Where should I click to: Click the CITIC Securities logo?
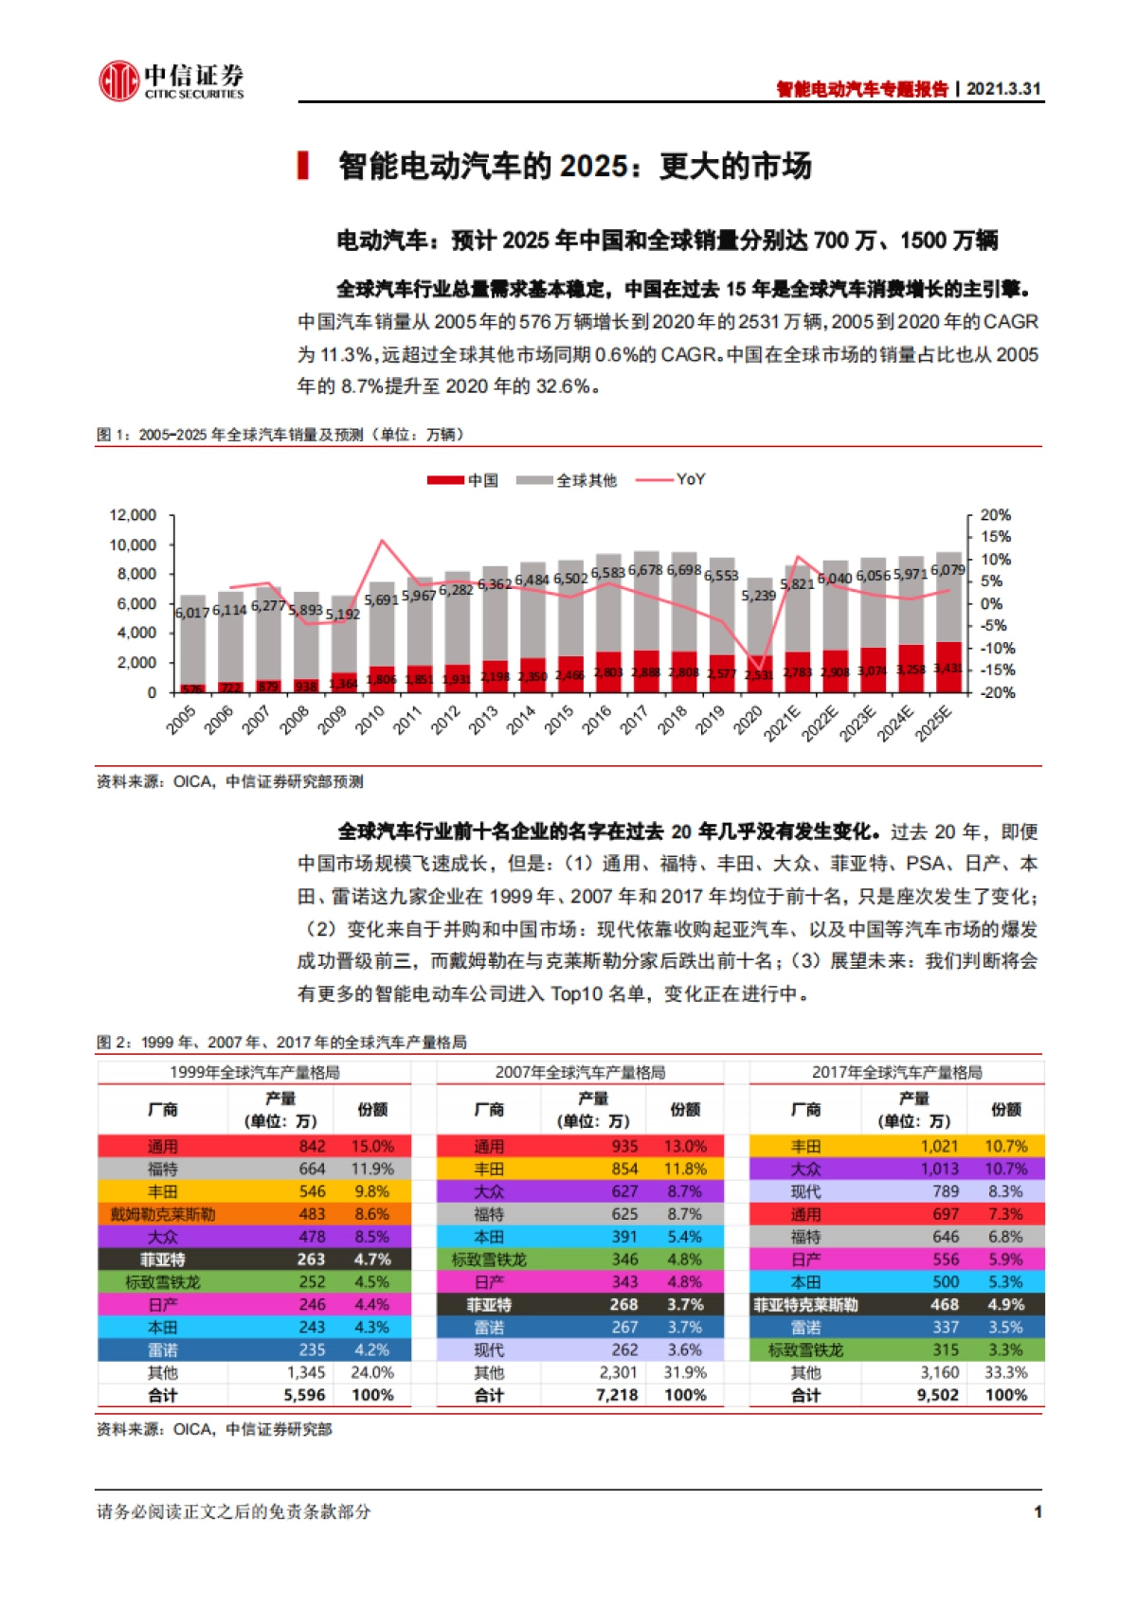(171, 80)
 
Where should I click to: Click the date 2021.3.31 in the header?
(1003, 89)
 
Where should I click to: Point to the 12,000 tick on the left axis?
(133, 515)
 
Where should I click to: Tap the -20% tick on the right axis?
(995, 693)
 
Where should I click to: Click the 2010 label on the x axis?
(370, 720)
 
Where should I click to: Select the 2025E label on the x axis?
(933, 724)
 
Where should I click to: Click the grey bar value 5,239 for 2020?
(758, 596)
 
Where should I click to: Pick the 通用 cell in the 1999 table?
(162, 1147)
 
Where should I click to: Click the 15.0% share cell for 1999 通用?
(372, 1147)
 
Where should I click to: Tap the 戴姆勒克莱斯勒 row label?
(162, 1215)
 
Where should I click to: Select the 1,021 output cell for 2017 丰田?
(939, 1147)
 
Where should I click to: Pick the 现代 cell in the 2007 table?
(489, 1350)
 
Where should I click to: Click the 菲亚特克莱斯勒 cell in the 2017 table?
(805, 1305)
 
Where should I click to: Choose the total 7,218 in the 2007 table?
(617, 1396)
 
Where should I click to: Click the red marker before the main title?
(303, 166)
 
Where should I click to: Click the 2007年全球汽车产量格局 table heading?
(580, 1073)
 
